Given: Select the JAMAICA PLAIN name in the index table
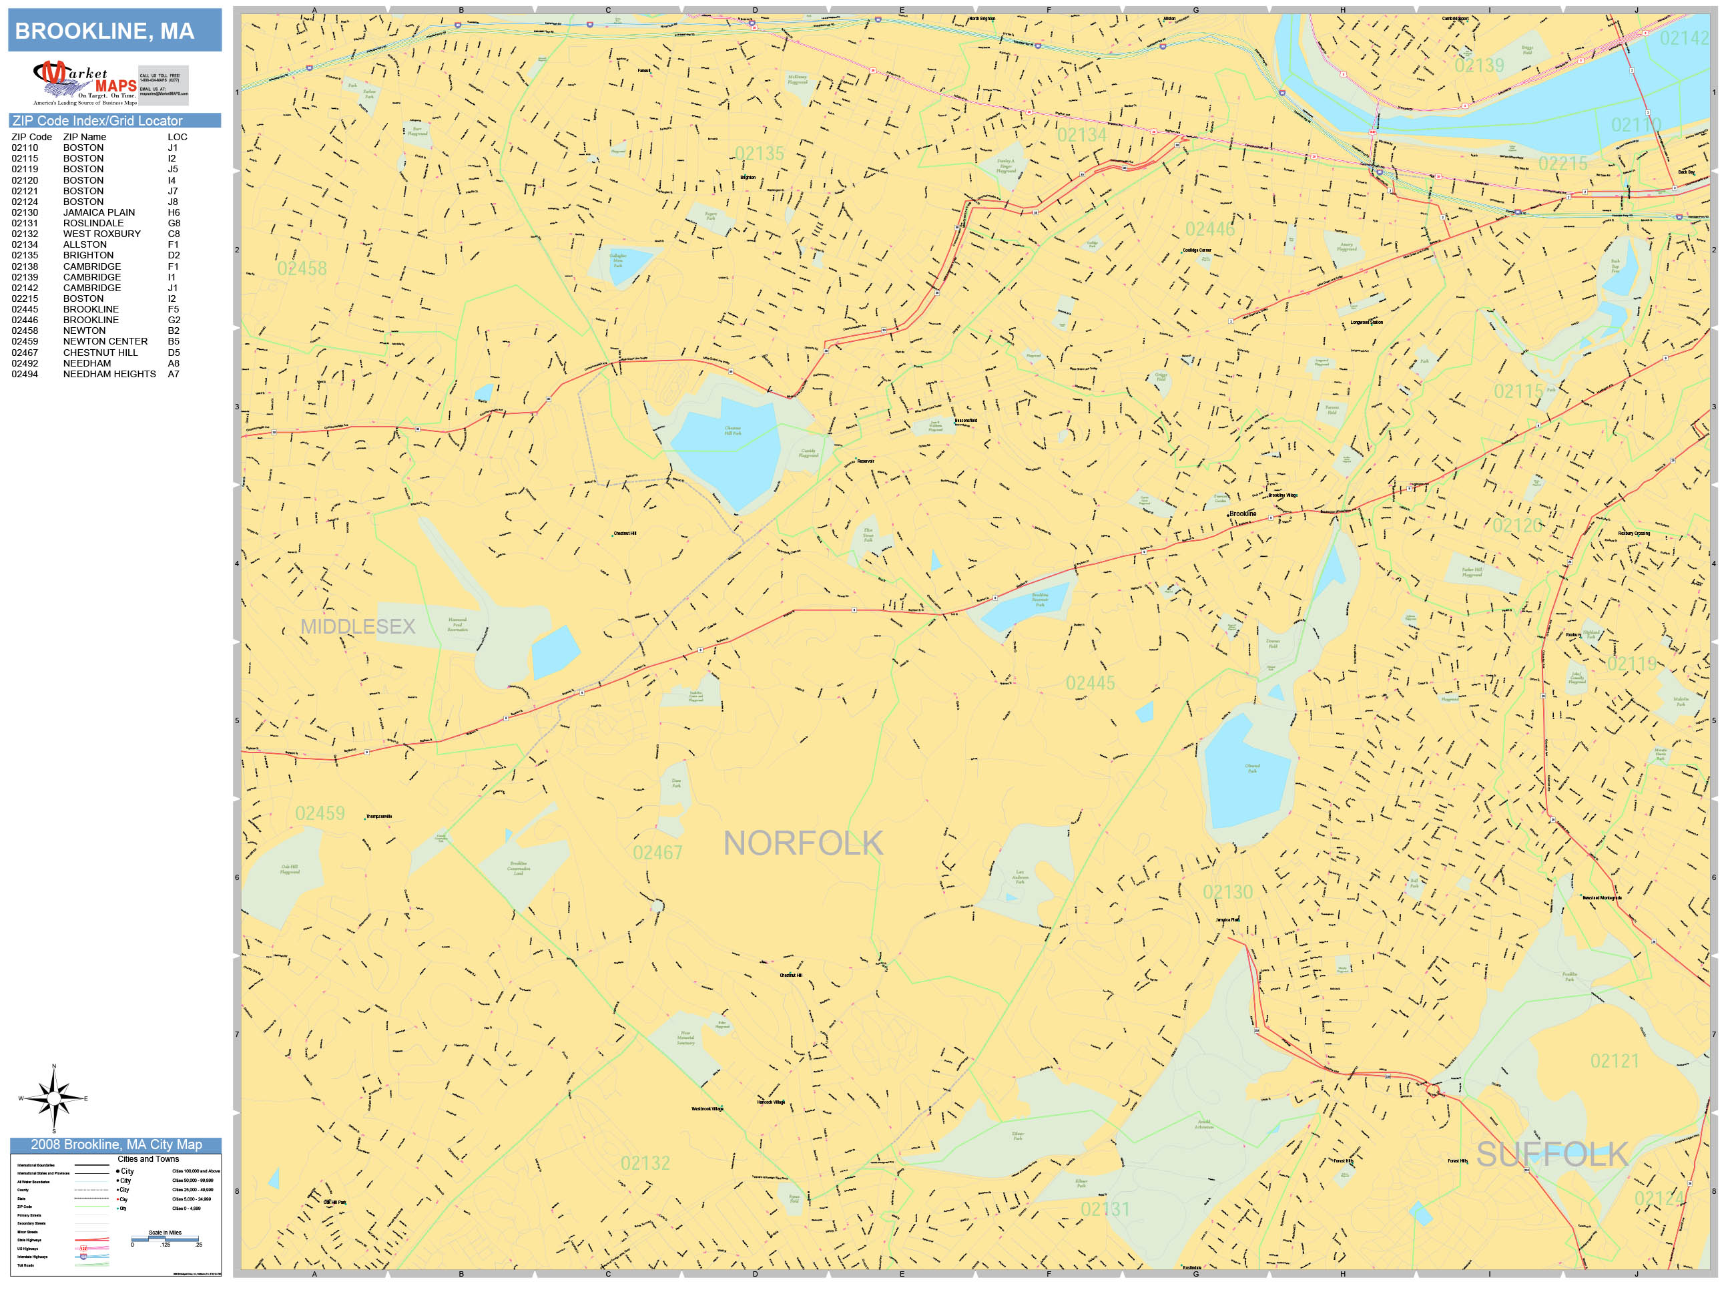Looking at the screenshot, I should [99, 212].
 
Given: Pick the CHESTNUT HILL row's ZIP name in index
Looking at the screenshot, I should [100, 352].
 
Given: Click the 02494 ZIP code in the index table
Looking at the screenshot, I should [24, 374].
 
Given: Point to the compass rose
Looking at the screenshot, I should [53, 1098].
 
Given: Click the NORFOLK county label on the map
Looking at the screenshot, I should [802, 843].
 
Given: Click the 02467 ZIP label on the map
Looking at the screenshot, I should [657, 853].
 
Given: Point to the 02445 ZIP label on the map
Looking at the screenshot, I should [1089, 684].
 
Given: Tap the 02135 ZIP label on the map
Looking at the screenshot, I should [759, 154].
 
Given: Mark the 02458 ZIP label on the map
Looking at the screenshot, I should [301, 269].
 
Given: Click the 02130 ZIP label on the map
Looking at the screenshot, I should [1227, 893].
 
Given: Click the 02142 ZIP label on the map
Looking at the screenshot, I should [1683, 38].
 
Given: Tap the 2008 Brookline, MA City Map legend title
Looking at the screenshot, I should [115, 1144].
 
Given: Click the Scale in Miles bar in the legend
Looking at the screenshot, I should [165, 1239].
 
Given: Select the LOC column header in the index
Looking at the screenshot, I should [177, 137].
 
